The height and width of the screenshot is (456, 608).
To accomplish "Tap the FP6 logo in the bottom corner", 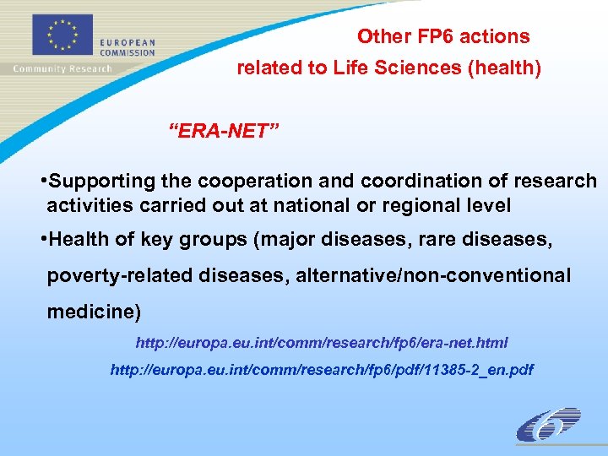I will pyautogui.click(x=548, y=425).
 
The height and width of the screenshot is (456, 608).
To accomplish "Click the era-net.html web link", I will pyautogui.click(x=322, y=343).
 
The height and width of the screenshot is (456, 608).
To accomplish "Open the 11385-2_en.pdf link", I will pyautogui.click(x=322, y=370).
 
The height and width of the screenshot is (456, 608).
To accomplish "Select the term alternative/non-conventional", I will pyautogui.click(x=433, y=276).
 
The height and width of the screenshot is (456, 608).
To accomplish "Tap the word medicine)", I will pyautogui.click(x=94, y=312).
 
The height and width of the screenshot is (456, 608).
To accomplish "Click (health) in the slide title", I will pyautogui.click(x=504, y=68).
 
